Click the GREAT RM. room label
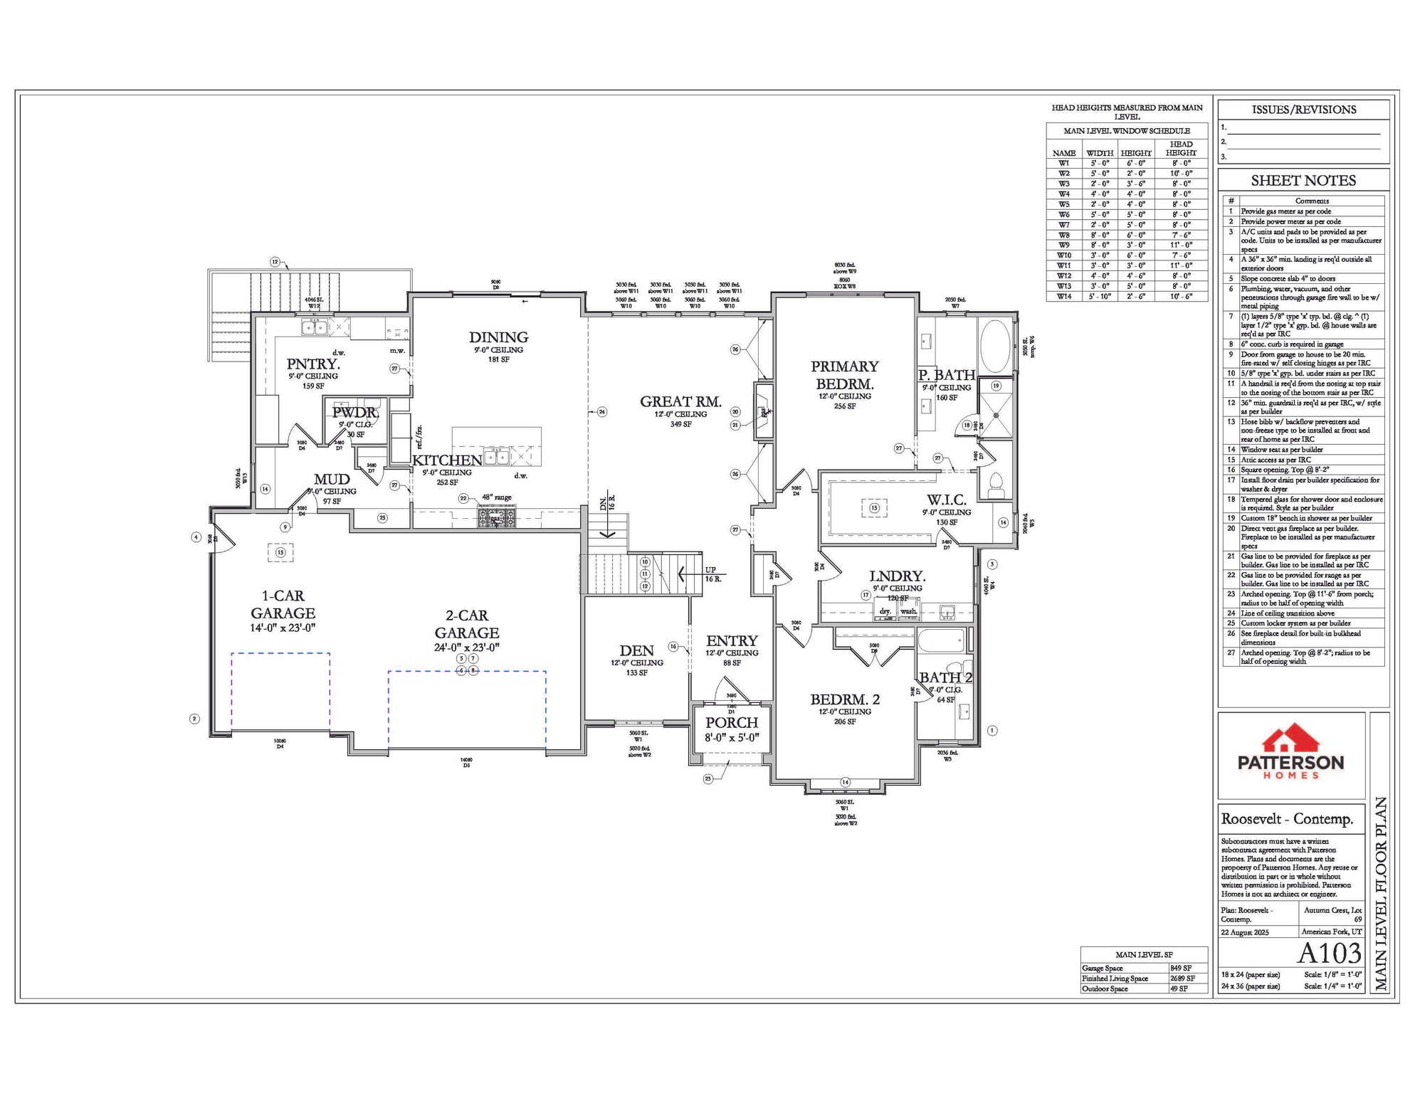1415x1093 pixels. pos(680,401)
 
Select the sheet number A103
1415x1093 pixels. pos(1329,953)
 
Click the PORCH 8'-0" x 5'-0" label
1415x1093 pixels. pos(732,729)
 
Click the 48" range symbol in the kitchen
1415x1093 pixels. pos(496,517)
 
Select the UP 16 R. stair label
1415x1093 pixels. pos(712,574)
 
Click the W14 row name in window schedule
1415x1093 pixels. pos(1064,296)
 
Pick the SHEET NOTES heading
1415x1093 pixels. pos(1303,181)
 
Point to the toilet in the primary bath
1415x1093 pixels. pos(996,484)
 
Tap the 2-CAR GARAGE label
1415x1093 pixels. pos(467,624)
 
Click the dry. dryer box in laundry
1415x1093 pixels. pos(885,611)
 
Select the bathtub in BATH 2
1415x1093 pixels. pos(940,640)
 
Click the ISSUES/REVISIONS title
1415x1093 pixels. pos(1303,110)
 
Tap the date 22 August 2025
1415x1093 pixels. pos(1245,931)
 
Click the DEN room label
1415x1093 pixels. pos(636,650)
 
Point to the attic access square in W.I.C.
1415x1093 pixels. pos(874,508)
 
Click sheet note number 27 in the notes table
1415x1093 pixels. pos(1231,653)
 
